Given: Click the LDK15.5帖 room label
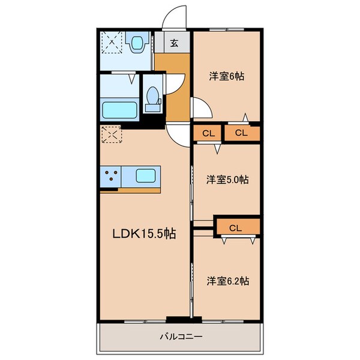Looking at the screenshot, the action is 144,233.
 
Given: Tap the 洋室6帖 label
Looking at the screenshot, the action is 226,76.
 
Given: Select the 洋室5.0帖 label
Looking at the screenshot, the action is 227,179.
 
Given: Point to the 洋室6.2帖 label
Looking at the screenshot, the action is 228,281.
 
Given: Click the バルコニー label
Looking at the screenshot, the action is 181,337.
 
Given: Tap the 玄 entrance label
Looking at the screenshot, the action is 174,43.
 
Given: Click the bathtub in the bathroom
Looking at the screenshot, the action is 119,110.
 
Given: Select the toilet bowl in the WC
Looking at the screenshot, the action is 152,95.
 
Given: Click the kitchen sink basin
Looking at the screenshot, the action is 146,176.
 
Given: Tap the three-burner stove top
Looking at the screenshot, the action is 110,176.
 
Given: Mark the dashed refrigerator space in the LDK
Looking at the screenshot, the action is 111,134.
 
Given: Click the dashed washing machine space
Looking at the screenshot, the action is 112,42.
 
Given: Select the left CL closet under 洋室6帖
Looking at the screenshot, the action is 207,133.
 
